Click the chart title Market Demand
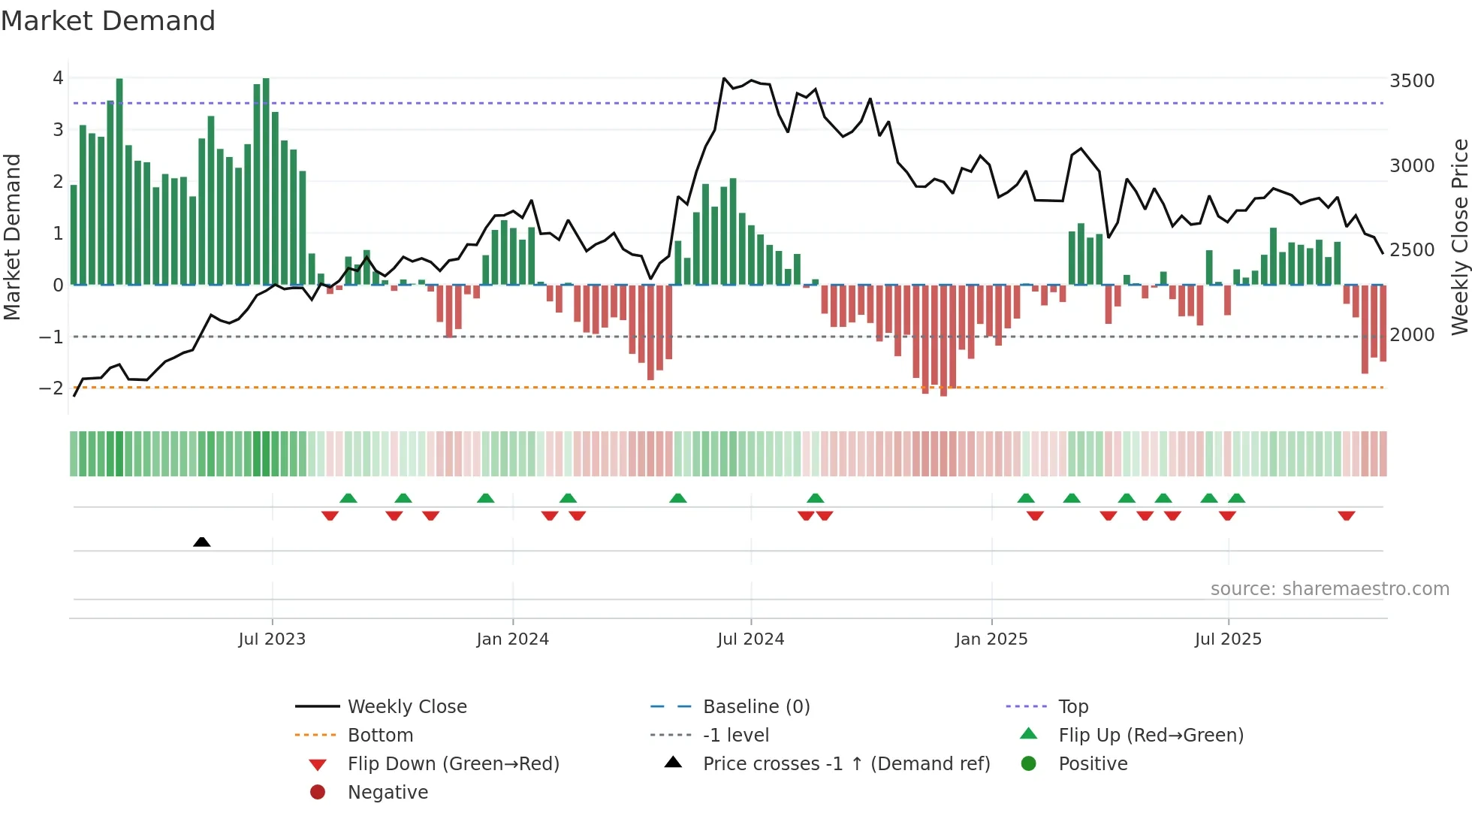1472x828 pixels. click(108, 21)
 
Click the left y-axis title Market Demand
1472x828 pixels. click(13, 237)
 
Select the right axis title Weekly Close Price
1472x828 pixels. click(1459, 237)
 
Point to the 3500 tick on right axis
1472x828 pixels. click(1411, 81)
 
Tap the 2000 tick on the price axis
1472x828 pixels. click(1411, 335)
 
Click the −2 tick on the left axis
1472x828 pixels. click(51, 388)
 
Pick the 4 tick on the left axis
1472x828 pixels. click(58, 78)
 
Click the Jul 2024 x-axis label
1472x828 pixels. click(750, 639)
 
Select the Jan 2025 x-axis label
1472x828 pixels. click(991, 639)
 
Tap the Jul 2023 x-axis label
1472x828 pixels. click(272, 639)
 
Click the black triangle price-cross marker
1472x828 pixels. click(201, 542)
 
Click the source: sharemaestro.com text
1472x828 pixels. click(1329, 589)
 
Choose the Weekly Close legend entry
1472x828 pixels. click(406, 707)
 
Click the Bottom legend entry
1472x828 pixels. click(380, 736)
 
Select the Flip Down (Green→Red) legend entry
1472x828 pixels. click(453, 764)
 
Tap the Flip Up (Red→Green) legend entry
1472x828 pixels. click(1151, 736)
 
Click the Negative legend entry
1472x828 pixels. click(388, 793)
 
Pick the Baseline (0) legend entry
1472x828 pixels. click(756, 707)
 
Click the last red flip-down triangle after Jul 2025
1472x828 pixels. click(1346, 516)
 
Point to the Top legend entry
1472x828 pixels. click(1072, 707)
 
